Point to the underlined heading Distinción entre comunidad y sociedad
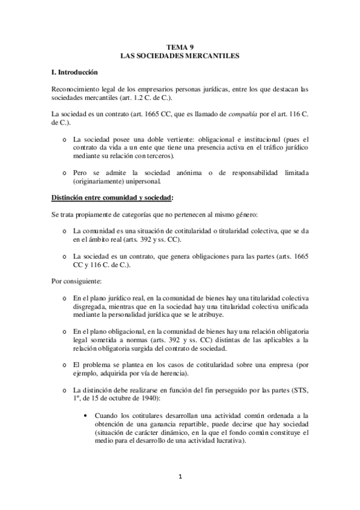[x=112, y=197]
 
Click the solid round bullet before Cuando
[x=88, y=414]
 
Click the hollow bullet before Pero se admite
[x=65, y=173]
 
